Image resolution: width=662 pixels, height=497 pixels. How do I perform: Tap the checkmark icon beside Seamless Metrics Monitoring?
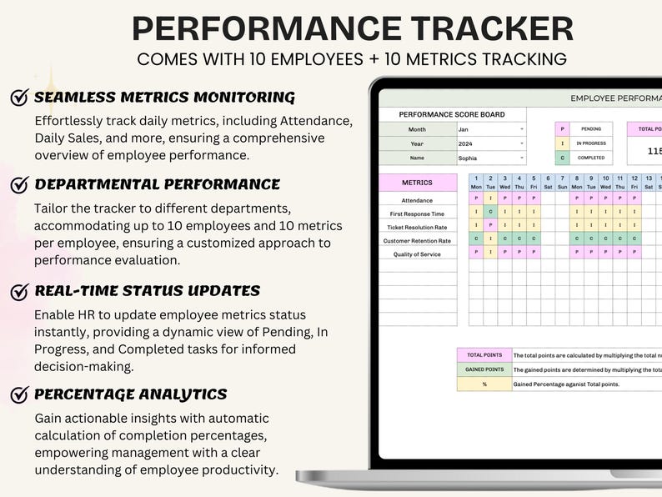[20, 97]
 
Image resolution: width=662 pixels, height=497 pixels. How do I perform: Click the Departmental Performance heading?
[157, 184]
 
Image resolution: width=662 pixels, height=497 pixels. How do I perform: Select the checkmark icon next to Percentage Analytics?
[20, 394]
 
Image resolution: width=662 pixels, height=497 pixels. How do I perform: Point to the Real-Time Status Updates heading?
[147, 291]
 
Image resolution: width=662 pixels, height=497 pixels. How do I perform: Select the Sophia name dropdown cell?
[491, 158]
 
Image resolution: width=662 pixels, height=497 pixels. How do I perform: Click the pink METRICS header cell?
[417, 183]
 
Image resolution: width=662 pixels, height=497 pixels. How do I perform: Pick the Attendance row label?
[417, 200]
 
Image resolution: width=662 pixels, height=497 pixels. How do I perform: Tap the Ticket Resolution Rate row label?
[417, 227]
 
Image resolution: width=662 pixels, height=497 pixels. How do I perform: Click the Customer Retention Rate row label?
[417, 240]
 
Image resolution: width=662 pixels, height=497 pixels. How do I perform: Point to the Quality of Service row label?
[417, 254]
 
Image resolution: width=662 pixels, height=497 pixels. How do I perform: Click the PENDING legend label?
[591, 129]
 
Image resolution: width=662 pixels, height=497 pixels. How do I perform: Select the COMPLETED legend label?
[591, 158]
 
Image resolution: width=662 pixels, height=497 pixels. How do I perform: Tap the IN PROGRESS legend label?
[591, 143]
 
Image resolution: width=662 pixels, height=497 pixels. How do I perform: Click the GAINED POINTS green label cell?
[484, 369]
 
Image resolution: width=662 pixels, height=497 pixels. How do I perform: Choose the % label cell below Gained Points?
[484, 384]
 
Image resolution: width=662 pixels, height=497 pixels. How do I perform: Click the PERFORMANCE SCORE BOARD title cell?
[451, 114]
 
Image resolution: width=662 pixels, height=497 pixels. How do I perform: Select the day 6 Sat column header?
[548, 183]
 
